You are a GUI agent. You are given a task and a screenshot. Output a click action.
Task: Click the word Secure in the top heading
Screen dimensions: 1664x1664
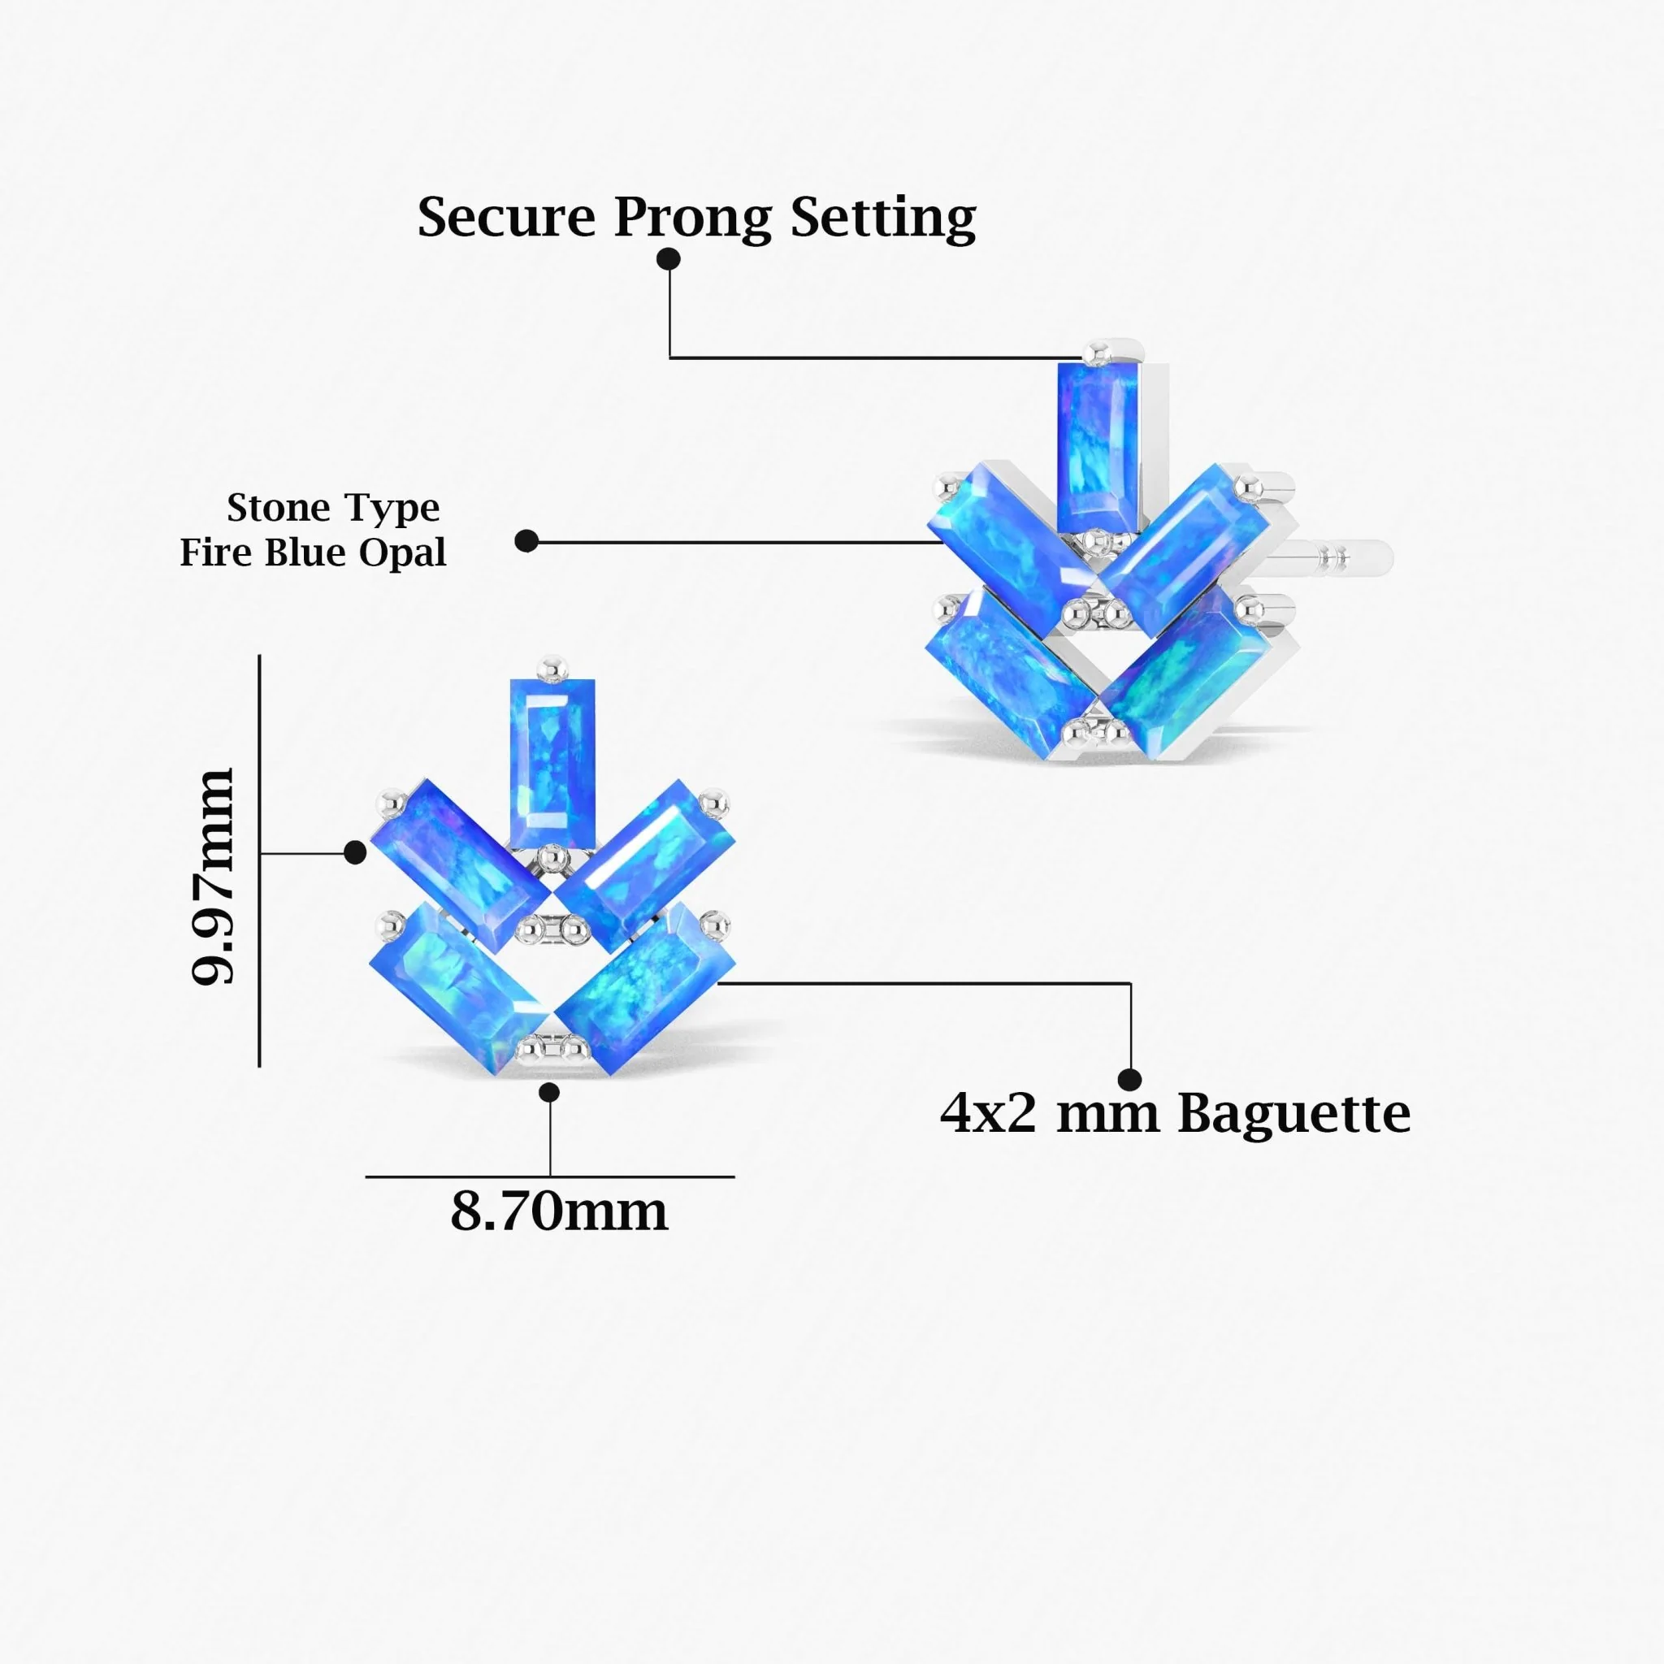(505, 217)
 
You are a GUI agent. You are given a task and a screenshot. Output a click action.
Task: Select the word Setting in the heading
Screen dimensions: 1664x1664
(883, 219)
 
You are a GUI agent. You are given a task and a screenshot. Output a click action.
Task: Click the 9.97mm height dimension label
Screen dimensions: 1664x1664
(212, 876)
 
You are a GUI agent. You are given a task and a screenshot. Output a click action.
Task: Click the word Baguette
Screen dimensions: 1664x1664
(1293, 1114)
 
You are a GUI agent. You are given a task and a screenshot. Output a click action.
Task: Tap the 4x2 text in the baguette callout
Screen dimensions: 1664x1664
(987, 1114)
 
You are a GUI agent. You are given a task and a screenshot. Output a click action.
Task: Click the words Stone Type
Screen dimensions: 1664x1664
(332, 507)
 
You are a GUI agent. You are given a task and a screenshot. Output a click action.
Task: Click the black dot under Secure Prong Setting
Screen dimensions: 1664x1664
(669, 258)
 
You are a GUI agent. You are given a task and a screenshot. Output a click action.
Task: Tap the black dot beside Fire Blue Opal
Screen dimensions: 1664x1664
(526, 541)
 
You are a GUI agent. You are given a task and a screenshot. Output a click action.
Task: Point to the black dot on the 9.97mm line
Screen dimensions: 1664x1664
(355, 852)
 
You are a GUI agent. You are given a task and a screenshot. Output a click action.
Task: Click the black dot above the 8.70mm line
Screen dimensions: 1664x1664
(549, 1092)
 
